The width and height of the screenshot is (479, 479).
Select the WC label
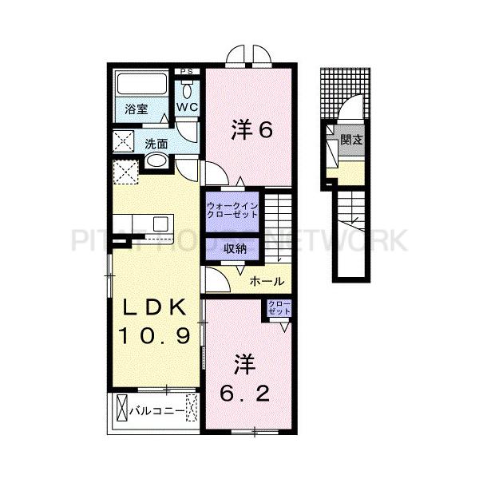188,106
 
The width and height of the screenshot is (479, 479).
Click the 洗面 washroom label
156,144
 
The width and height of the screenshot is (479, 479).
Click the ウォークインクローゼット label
232,210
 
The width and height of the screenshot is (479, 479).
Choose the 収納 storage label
234,249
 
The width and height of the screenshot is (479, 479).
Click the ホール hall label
267,281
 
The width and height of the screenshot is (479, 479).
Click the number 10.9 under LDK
156,336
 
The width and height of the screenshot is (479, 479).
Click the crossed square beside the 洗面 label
125,144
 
